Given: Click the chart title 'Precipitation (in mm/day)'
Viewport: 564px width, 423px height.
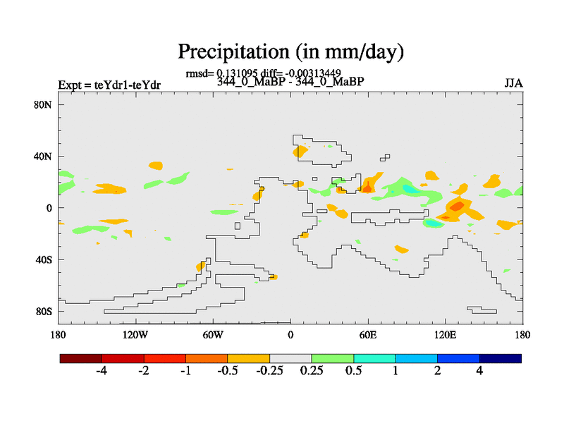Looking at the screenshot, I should point(290,51).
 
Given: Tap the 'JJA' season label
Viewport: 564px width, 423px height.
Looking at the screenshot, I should point(513,82).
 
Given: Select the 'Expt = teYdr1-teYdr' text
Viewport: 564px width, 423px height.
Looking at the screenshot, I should point(109,85).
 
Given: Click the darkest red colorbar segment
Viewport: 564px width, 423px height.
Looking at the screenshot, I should point(81,358).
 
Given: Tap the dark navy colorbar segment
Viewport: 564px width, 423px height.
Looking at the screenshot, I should point(501,358).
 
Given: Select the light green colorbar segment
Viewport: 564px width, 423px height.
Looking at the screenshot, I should point(333,358).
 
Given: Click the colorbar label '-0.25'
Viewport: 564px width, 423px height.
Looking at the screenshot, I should point(269,371).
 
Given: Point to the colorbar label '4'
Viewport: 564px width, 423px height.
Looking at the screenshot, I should point(479,371).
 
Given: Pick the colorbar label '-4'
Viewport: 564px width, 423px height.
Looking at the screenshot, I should point(101,371).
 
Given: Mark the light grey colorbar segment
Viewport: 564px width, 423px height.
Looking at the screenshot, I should point(290,358).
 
